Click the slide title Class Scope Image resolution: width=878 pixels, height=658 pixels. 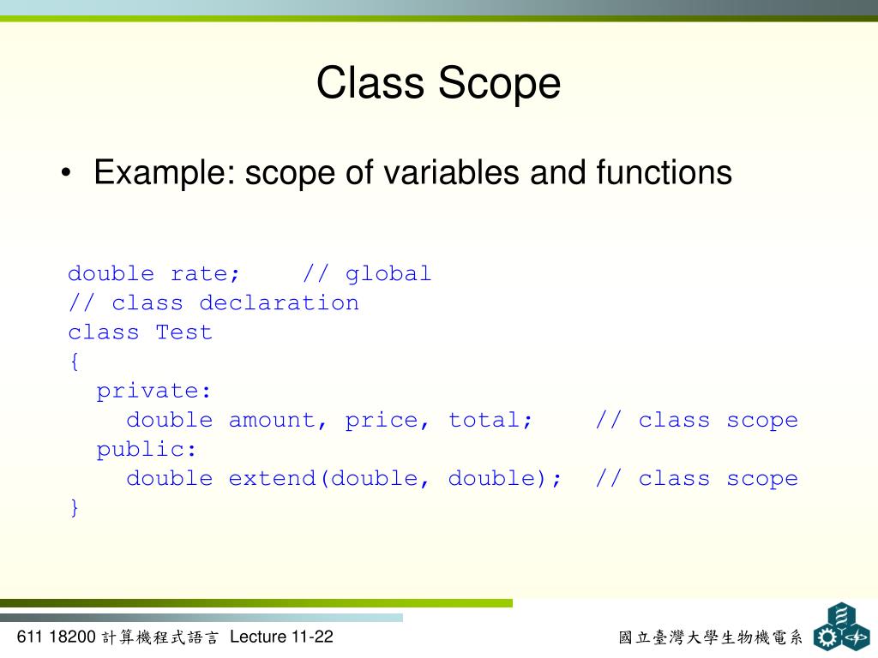point(438,84)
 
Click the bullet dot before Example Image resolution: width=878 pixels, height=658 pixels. point(67,174)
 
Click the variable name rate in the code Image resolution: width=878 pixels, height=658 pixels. point(205,274)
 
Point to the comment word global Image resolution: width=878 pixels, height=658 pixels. point(388,274)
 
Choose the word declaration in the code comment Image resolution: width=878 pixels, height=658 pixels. point(279,303)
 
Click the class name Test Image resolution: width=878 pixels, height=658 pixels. point(183,332)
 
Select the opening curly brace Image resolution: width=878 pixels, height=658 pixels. point(75,362)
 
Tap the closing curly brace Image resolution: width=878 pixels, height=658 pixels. point(75,507)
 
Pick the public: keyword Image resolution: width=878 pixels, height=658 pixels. point(147,450)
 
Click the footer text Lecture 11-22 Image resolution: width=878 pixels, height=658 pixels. point(281,637)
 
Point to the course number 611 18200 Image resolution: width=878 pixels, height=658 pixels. point(56,637)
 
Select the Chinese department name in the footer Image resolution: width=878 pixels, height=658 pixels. point(711,637)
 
